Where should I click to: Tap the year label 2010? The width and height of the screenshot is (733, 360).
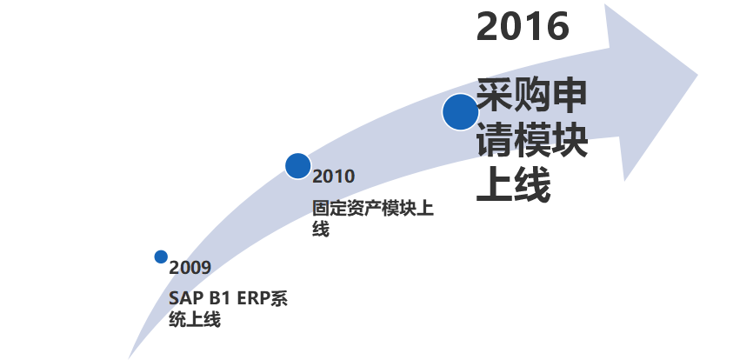tap(334, 177)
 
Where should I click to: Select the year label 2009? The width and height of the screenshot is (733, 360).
tap(190, 267)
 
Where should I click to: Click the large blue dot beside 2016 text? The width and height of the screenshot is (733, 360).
tap(460, 112)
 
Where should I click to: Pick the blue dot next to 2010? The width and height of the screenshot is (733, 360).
tap(298, 165)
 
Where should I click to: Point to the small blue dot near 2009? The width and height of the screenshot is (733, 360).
tap(161, 257)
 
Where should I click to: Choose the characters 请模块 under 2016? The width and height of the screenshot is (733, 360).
tap(531, 141)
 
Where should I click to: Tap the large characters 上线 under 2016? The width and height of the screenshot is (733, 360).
tap(513, 185)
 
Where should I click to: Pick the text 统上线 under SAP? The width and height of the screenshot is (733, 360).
tap(195, 321)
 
